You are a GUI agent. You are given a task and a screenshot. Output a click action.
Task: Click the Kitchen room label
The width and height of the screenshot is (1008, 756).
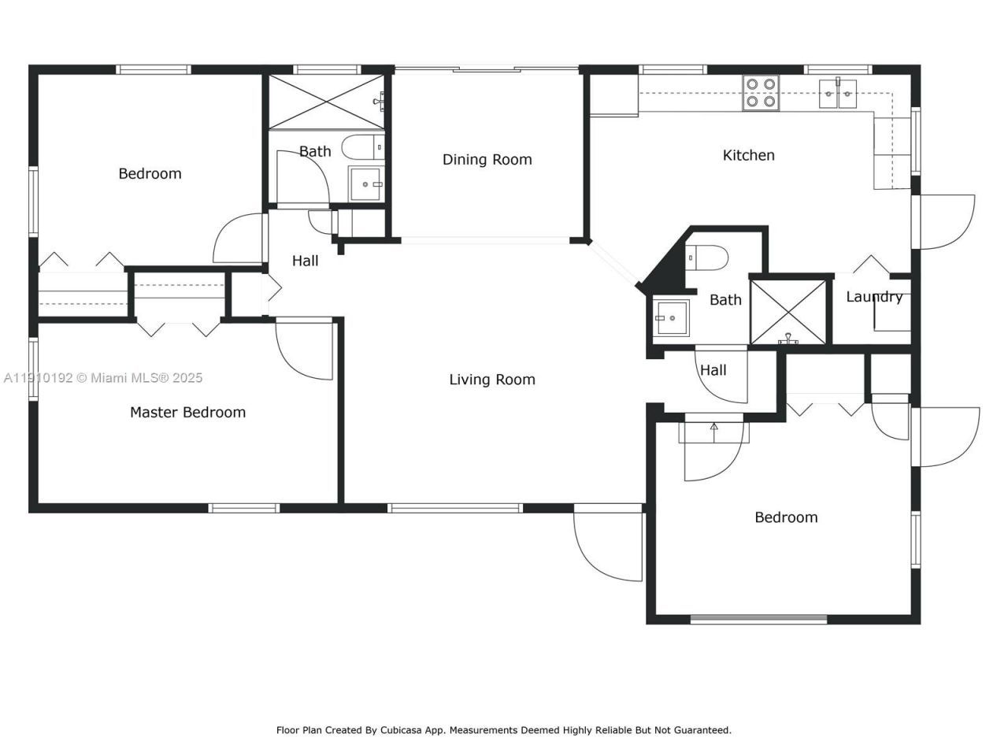[748, 155]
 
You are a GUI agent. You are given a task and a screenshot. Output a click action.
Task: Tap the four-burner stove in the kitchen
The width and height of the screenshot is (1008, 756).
[761, 92]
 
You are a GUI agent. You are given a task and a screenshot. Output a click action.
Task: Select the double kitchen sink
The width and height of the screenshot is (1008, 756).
[837, 93]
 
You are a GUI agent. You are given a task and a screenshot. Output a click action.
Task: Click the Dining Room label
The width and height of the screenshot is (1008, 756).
[487, 159]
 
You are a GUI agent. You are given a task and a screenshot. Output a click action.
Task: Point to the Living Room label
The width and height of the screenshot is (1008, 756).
[492, 380]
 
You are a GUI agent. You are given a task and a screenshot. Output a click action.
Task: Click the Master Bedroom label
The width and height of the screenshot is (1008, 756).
[187, 412]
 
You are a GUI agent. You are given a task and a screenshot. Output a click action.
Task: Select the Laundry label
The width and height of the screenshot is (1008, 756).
[874, 297]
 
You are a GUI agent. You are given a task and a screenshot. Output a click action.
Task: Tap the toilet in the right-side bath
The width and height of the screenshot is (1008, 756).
[706, 257]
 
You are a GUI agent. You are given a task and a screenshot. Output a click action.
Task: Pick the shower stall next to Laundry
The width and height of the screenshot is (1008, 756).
[788, 312]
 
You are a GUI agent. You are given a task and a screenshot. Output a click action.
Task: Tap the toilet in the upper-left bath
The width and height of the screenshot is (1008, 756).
[366, 146]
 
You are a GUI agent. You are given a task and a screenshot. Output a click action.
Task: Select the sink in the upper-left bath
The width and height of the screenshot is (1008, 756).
[365, 184]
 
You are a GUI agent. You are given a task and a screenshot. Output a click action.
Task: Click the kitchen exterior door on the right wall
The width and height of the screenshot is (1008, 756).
[945, 222]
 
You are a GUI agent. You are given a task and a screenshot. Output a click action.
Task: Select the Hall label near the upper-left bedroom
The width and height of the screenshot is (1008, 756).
[305, 261]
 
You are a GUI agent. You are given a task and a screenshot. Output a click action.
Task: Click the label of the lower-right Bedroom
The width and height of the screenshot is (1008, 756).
[786, 517]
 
